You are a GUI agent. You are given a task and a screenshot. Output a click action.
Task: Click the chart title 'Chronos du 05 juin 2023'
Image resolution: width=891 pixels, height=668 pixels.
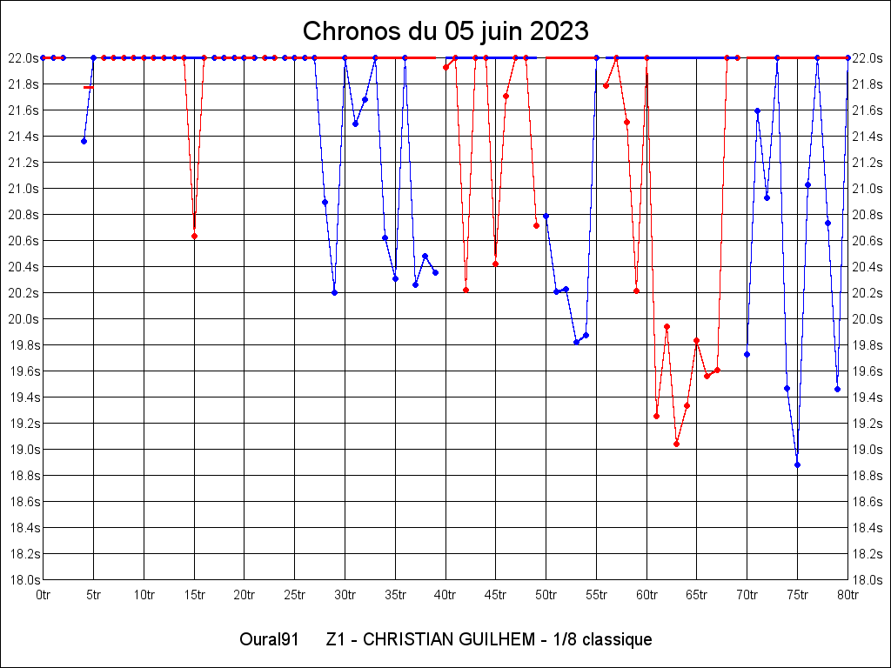(x=445, y=31)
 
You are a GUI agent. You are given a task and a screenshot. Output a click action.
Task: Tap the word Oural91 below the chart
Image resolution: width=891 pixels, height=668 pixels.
(x=270, y=640)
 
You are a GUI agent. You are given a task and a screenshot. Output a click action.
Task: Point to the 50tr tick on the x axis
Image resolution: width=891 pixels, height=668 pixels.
(x=546, y=595)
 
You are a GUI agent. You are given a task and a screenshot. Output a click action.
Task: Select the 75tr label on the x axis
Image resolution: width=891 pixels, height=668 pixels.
(x=797, y=595)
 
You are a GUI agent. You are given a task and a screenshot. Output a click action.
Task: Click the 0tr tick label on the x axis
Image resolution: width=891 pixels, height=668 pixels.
(x=44, y=595)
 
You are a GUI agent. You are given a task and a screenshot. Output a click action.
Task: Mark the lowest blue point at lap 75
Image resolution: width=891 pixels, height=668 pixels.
(x=797, y=464)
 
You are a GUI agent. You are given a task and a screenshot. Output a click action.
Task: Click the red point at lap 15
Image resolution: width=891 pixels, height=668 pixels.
(x=194, y=236)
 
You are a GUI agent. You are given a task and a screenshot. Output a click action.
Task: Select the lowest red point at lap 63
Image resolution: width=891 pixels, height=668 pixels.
(x=676, y=444)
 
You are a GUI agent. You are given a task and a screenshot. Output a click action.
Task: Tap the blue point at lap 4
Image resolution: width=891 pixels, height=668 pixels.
(x=84, y=141)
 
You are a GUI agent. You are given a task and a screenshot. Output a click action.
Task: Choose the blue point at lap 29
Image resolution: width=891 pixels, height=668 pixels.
(x=334, y=292)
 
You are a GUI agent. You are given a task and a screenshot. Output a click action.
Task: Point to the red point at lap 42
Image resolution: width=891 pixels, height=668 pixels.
(x=466, y=290)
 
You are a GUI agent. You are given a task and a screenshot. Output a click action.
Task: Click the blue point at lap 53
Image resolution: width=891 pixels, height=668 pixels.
(x=576, y=342)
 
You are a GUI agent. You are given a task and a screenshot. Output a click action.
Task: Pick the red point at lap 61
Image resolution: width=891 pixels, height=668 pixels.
(x=656, y=416)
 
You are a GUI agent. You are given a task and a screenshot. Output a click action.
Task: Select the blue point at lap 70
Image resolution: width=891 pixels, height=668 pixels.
(x=747, y=354)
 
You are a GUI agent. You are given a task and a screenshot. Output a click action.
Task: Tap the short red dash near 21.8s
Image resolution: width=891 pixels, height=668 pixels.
(x=87, y=87)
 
